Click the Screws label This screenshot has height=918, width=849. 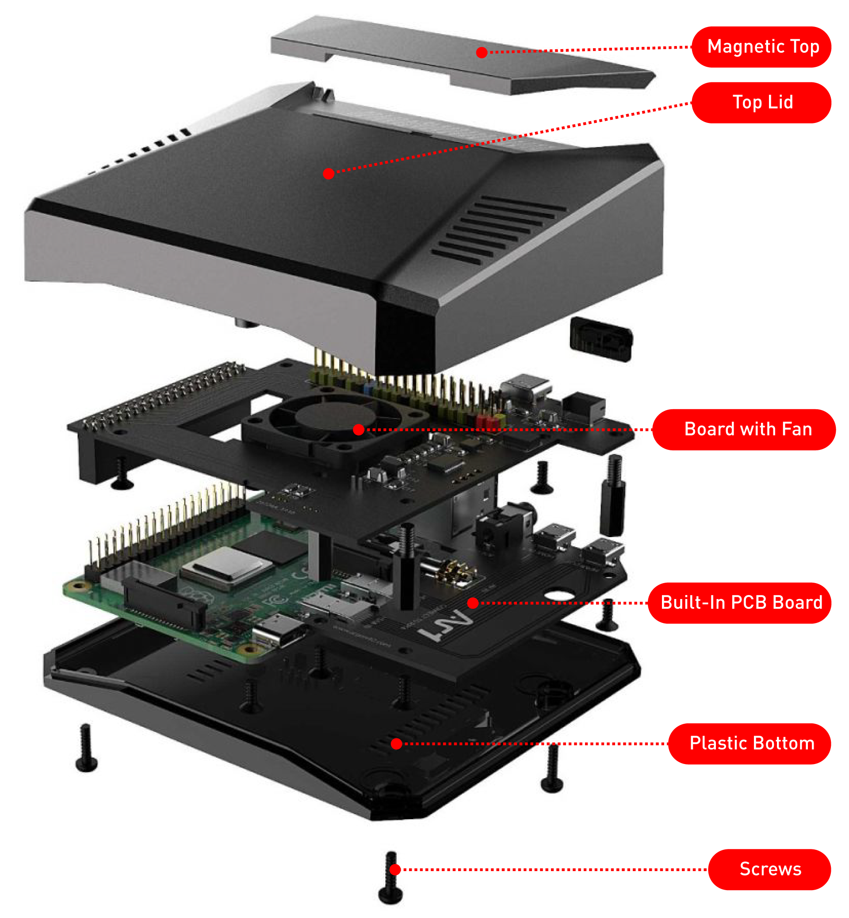point(769,869)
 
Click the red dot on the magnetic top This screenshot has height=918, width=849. point(482,52)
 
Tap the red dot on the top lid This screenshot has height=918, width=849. point(328,174)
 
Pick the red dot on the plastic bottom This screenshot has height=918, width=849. point(397,743)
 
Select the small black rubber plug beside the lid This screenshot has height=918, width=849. point(601,339)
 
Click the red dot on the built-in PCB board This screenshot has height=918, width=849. point(473,603)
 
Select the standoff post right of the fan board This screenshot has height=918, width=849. point(612,496)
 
